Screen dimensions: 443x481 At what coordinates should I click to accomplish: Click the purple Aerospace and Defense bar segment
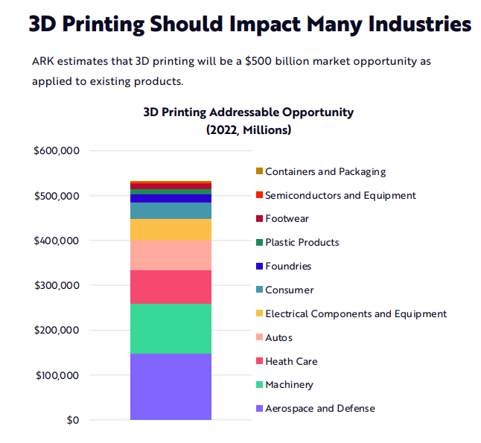point(171,386)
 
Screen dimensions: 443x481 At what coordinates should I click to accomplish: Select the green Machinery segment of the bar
point(171,328)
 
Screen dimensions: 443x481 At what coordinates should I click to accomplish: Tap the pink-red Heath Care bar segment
point(171,287)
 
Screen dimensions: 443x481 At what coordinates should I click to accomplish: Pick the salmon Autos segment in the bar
point(171,255)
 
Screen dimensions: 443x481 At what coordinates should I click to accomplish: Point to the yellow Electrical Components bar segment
point(171,229)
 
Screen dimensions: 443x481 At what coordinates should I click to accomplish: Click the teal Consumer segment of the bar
point(171,211)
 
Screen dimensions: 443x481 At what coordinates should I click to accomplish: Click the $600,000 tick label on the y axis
point(57,151)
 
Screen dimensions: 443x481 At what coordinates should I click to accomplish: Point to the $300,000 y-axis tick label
point(57,285)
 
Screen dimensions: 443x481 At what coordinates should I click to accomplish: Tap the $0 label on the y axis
point(71,420)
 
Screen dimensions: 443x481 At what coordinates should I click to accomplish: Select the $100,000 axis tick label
point(57,375)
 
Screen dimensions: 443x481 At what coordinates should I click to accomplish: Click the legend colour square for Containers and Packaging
point(259,171)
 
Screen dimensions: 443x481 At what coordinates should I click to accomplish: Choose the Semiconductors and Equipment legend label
point(340,195)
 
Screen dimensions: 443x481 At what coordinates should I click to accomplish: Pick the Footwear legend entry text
point(287,219)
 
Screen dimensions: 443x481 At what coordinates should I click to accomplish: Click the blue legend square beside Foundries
point(259,266)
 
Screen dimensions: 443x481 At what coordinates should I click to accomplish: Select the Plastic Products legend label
point(302,243)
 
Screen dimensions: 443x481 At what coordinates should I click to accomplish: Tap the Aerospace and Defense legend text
point(320,409)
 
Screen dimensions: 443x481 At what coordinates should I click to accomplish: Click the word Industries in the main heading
point(409,24)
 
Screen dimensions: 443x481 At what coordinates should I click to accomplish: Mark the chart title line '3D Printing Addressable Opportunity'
point(248,112)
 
